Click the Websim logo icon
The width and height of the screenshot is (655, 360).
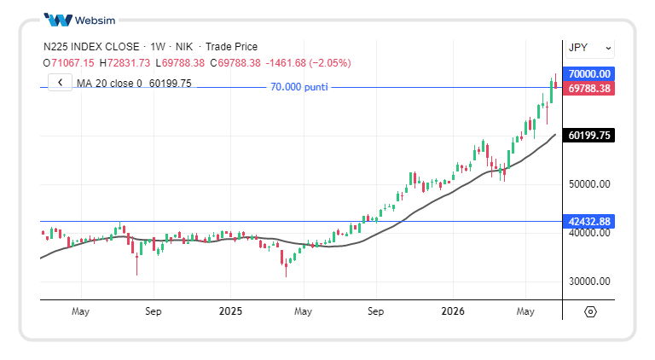click(58, 20)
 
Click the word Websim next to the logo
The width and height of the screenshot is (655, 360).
click(95, 20)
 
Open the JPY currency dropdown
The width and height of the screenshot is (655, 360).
click(589, 48)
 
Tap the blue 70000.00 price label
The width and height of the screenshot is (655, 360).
click(589, 74)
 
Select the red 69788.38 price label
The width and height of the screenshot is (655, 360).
click(589, 89)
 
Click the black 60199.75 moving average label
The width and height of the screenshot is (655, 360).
click(589, 136)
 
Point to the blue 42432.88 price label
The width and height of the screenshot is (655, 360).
click(589, 221)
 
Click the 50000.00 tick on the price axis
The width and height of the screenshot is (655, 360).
click(589, 184)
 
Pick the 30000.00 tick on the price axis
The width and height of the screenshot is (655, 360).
click(589, 282)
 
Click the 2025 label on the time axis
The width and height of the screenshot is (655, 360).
click(230, 311)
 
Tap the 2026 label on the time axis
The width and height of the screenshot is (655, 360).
click(453, 311)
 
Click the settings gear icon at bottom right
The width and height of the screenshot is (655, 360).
click(590, 312)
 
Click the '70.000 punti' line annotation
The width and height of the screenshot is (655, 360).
click(299, 87)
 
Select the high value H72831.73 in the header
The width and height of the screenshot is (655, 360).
click(125, 63)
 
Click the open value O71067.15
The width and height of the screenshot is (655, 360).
click(68, 63)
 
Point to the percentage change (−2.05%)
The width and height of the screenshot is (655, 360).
click(329, 63)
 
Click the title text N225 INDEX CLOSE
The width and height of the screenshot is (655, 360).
click(91, 47)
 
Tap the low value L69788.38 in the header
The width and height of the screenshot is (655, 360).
click(180, 63)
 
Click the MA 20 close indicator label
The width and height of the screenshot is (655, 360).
click(109, 84)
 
